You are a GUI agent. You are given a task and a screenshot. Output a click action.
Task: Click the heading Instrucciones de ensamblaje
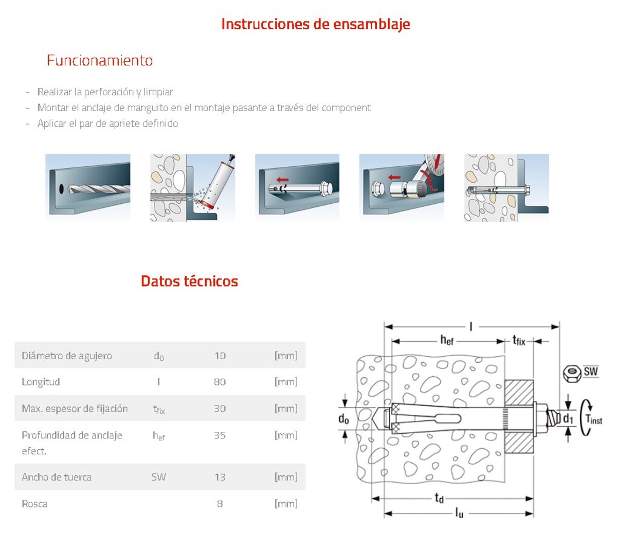[x=315, y=24]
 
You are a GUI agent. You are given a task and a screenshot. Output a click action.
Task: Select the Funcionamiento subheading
[x=100, y=60]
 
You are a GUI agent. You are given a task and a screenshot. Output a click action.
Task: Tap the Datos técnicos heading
[x=189, y=281]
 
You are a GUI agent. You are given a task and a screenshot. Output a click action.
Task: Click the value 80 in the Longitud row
[x=220, y=382]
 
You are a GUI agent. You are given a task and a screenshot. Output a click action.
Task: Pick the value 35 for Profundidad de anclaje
[x=220, y=435]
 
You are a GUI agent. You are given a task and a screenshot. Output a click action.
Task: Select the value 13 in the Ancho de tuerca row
[x=220, y=477]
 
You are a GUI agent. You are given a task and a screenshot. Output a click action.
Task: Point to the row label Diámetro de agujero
[x=67, y=356]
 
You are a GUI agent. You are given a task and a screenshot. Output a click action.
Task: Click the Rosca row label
[x=34, y=504]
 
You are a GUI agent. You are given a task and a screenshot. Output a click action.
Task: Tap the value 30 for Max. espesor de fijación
[x=220, y=409]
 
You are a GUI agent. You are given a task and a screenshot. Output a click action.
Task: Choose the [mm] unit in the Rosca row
[x=286, y=504]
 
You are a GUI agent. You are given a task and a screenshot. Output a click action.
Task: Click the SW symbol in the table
[x=158, y=477]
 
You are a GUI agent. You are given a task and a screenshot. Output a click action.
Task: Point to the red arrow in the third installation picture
[x=282, y=180]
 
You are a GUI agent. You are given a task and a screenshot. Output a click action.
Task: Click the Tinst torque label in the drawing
[x=594, y=419]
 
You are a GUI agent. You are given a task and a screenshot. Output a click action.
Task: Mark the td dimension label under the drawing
[x=439, y=498]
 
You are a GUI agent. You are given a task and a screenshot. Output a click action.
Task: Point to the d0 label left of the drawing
[x=343, y=419]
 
